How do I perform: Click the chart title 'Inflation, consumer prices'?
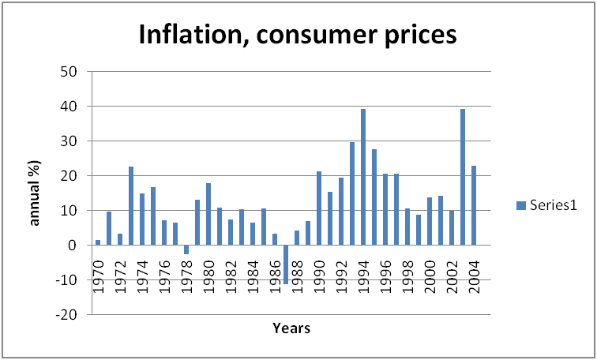click(298, 35)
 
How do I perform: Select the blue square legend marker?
click(520, 205)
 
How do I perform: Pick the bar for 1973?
click(131, 205)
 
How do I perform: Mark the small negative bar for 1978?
click(186, 249)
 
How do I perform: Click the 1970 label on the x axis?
click(99, 275)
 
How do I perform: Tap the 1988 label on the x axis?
click(298, 275)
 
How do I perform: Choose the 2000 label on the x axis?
click(430, 275)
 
